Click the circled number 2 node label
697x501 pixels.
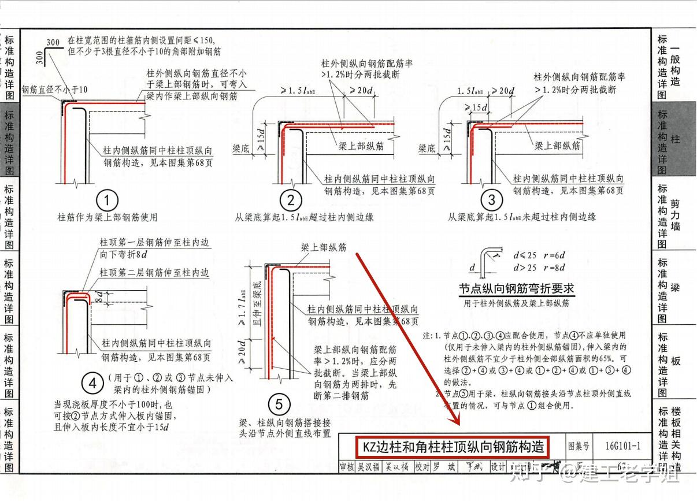[x=291, y=201]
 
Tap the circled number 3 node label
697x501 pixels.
[x=492, y=201]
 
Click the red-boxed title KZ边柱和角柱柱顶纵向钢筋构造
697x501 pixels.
[x=453, y=447]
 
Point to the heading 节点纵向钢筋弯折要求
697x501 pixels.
[x=516, y=288]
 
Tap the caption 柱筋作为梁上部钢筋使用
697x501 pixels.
[x=107, y=218]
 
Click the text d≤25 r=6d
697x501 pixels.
[x=539, y=255]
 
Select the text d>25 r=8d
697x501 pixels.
[x=539, y=267]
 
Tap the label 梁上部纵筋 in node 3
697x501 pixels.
[x=557, y=146]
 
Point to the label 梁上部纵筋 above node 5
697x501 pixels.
[x=323, y=247]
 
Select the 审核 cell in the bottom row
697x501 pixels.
[x=347, y=466]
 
